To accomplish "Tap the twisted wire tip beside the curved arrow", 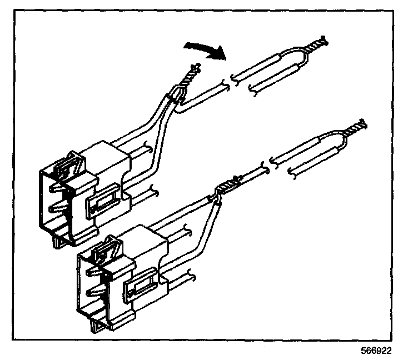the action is (x=192, y=73).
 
